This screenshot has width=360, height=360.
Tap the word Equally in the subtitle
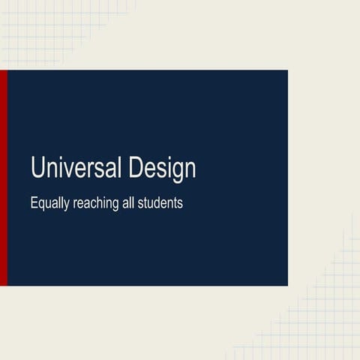coord(49,204)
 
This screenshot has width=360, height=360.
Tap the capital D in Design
coord(136,167)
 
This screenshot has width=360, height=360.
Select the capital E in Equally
coord(34,202)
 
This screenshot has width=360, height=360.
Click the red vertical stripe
coord(3,178)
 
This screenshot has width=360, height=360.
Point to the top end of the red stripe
coord(3,72)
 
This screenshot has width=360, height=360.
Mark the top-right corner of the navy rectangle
coord(286,71)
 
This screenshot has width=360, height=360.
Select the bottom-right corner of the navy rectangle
coord(286,284)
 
